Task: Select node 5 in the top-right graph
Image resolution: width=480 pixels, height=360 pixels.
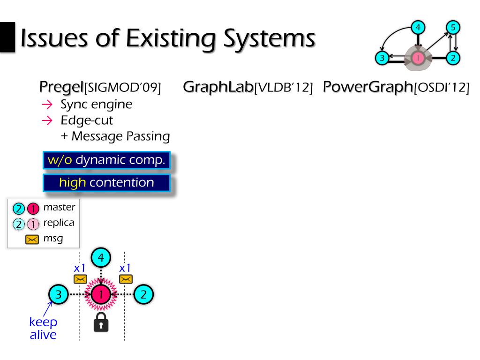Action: point(452,28)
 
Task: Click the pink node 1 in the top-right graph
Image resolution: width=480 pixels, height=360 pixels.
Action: point(418,58)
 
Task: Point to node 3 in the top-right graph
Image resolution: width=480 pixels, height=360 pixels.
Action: point(382,58)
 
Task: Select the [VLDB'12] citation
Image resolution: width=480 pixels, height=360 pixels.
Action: point(283,88)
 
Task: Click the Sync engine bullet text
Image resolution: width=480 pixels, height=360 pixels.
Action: point(96,104)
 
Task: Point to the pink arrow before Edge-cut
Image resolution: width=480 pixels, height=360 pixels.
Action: point(46,120)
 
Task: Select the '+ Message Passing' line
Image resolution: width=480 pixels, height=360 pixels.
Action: point(115,136)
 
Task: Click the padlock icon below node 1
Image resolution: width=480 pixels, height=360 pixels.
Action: point(101,323)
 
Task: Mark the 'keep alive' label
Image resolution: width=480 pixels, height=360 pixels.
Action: point(43,328)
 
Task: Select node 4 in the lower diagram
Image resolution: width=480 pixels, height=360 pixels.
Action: point(101,257)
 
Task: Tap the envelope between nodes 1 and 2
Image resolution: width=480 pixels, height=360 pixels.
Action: point(125,279)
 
